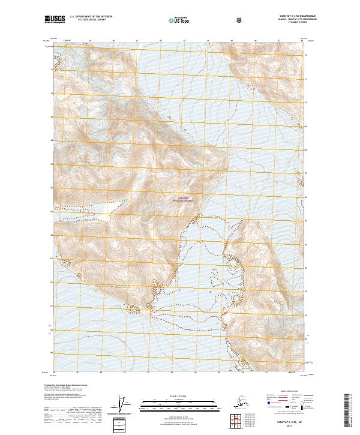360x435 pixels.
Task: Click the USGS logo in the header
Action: tap(55, 20)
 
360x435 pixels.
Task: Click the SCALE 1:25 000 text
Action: tap(180, 396)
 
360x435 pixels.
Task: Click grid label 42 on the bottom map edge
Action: tap(148, 374)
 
